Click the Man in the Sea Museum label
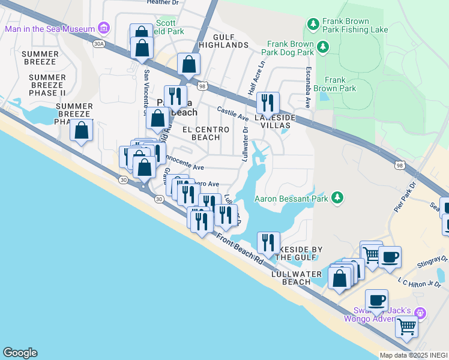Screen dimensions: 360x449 coord(50,29)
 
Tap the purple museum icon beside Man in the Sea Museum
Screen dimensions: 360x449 coord(104,28)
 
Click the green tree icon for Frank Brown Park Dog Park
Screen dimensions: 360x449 coord(323,46)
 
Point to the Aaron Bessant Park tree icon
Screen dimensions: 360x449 coord(337,197)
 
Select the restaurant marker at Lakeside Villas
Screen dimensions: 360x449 coord(268,103)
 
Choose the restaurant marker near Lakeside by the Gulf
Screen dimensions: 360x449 coord(268,242)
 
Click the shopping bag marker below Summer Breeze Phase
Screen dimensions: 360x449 coord(81,130)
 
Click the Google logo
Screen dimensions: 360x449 coord(20,353)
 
